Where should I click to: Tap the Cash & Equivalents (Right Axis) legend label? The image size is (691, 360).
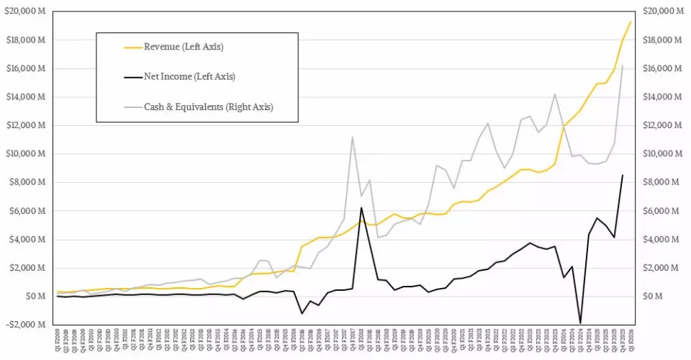click(x=209, y=107)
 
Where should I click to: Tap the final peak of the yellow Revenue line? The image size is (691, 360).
click(x=631, y=22)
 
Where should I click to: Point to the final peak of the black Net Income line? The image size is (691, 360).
click(x=623, y=175)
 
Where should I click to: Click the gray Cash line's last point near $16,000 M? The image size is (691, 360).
click(x=623, y=66)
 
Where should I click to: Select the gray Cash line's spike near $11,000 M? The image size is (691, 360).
click(x=352, y=137)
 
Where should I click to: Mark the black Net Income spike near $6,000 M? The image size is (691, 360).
click(x=361, y=207)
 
